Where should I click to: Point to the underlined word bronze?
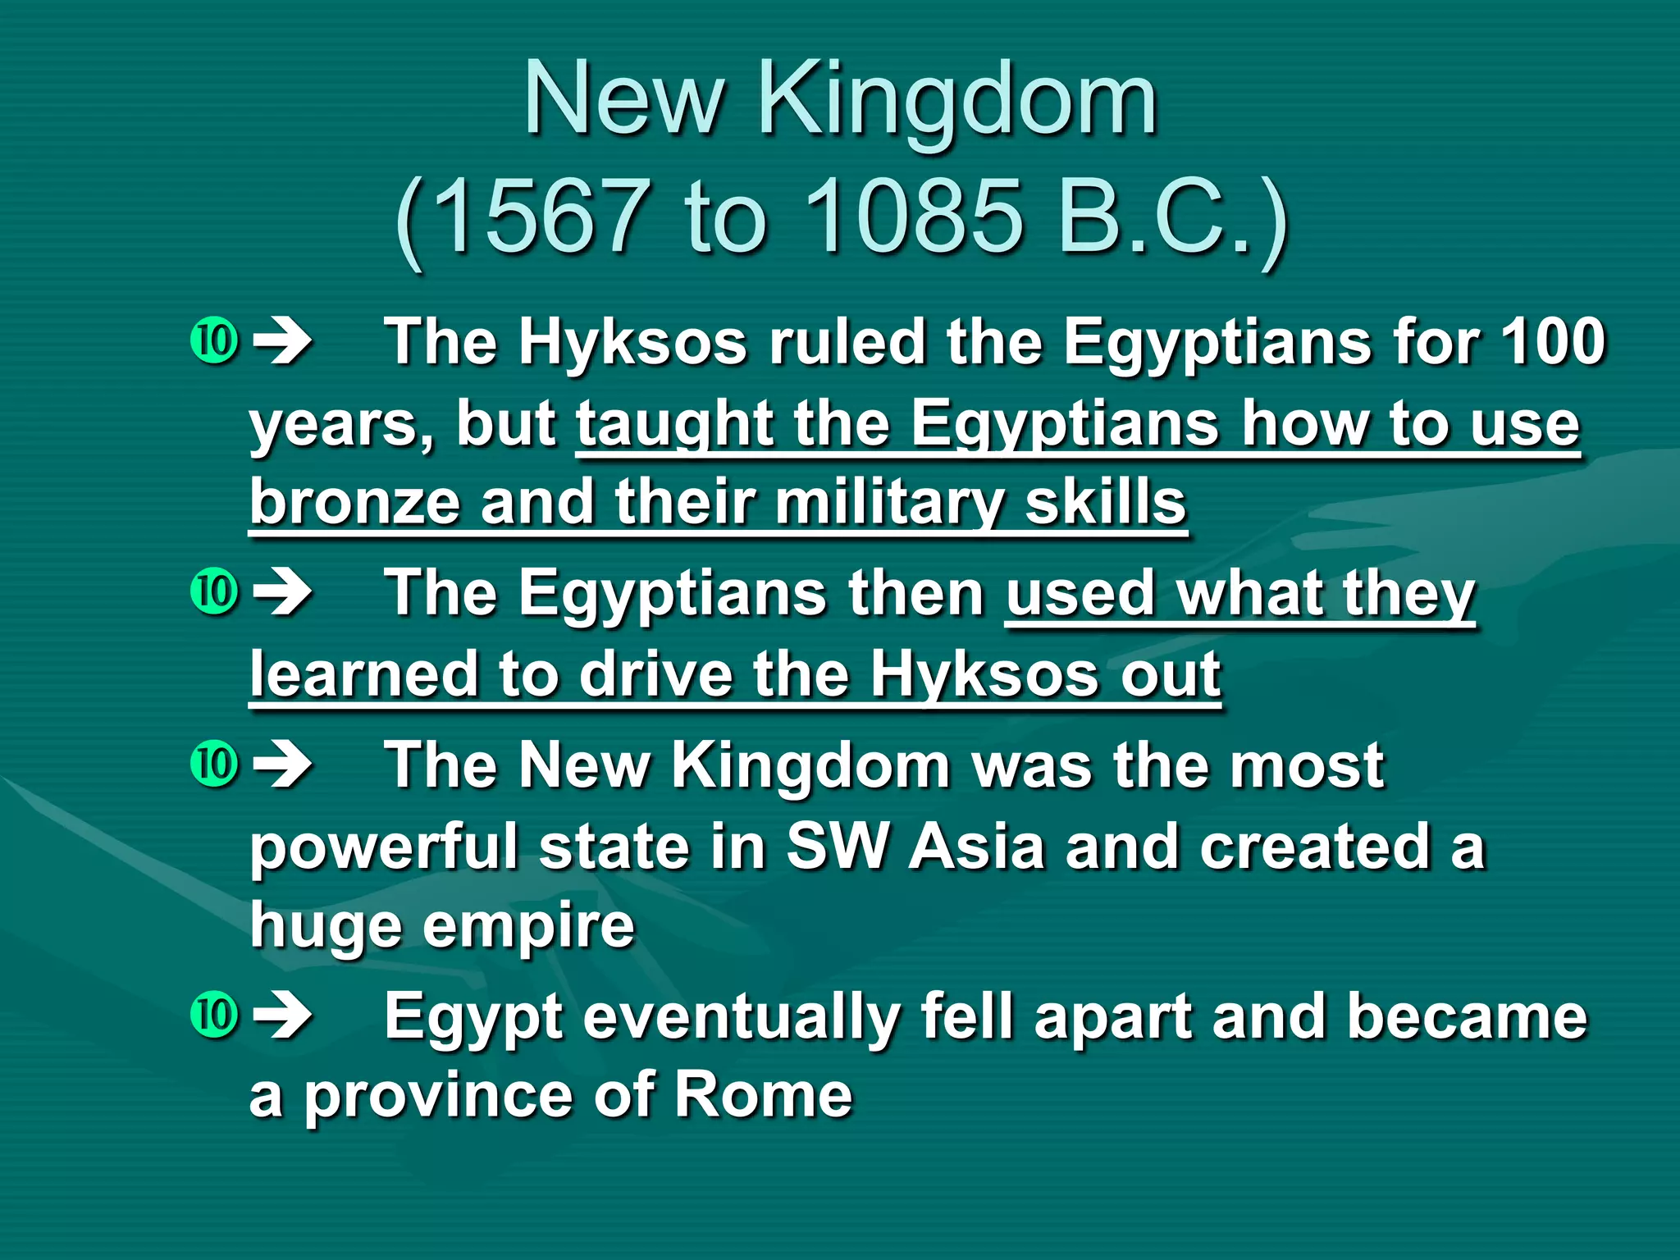click(354, 502)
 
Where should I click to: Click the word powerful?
click(385, 848)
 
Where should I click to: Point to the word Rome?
click(763, 1095)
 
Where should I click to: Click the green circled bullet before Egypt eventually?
click(214, 1015)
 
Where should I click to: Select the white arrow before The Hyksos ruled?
click(282, 341)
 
